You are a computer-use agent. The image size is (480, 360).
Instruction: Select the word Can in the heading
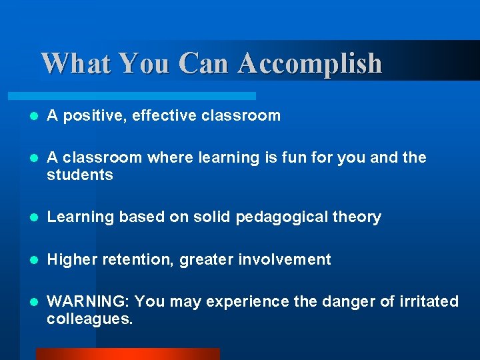pyautogui.click(x=204, y=63)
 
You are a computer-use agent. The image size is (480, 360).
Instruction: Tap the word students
pyautogui.click(x=79, y=175)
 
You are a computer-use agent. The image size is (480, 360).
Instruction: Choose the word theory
pyautogui.click(x=359, y=217)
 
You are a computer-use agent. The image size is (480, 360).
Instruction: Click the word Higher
pyautogui.click(x=72, y=259)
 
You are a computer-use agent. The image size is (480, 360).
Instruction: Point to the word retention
pyautogui.click(x=136, y=259)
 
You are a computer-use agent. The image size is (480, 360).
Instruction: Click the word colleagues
pyautogui.click(x=89, y=319)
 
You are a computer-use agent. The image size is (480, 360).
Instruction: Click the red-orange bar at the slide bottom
pyautogui.click(x=127, y=354)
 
